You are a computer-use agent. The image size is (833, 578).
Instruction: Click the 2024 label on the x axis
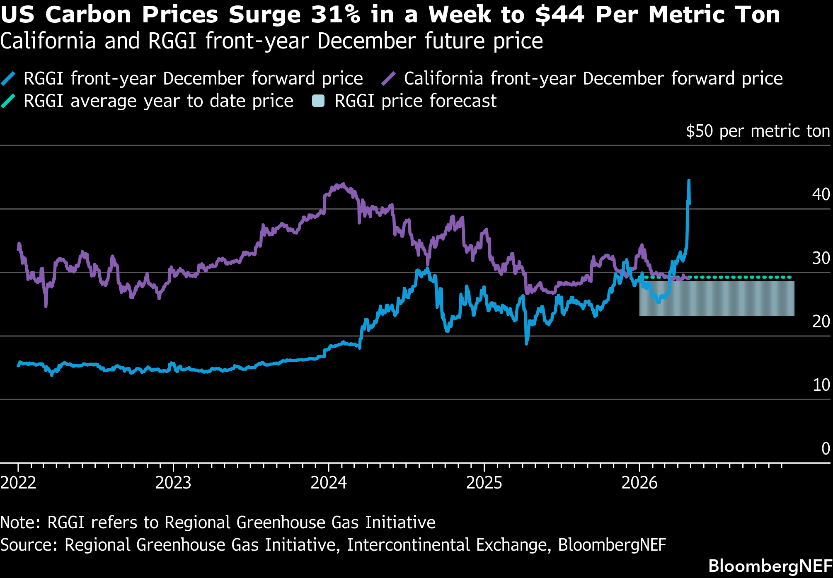pyautogui.click(x=329, y=483)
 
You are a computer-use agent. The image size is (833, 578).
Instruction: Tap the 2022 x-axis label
pyautogui.click(x=18, y=483)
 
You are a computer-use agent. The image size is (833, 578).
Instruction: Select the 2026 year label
pyautogui.click(x=639, y=483)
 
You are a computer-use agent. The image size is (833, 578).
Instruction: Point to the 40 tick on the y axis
pyautogui.click(x=821, y=194)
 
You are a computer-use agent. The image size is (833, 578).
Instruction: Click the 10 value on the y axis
pyautogui.click(x=821, y=385)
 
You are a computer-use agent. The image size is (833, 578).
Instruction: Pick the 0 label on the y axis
pyautogui.click(x=826, y=448)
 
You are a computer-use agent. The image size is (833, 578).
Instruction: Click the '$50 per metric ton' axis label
pyautogui.click(x=758, y=131)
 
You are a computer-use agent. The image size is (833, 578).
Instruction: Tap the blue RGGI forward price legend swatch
pyautogui.click(x=8, y=79)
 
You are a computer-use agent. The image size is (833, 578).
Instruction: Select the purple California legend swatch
pyautogui.click(x=388, y=79)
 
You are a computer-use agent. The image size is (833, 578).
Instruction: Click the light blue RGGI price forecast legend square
pyautogui.click(x=318, y=101)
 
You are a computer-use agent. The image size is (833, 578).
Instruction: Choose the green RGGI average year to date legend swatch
pyautogui.click(x=8, y=101)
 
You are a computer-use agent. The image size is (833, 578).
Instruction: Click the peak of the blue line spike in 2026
pyautogui.click(x=689, y=180)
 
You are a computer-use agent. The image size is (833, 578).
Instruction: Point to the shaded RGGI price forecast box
pyautogui.click(x=717, y=298)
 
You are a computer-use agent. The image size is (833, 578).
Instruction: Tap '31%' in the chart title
pyautogui.click(x=335, y=15)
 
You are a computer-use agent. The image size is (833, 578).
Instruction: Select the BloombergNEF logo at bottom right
pyautogui.click(x=770, y=566)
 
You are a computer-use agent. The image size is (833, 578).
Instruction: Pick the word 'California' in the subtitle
pyautogui.click(x=48, y=41)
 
